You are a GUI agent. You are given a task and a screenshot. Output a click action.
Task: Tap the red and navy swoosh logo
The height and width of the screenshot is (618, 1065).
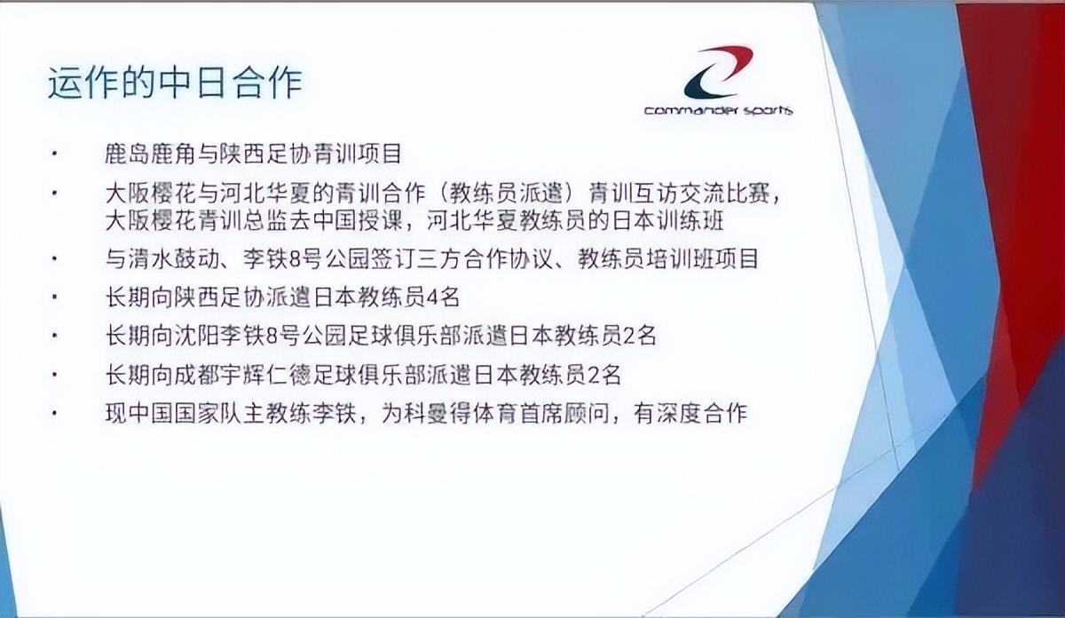point(717,73)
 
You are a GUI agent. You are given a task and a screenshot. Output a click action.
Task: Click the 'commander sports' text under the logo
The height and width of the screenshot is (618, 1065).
point(719,111)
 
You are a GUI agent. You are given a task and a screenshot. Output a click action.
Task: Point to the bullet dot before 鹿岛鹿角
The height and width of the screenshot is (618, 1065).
point(55,154)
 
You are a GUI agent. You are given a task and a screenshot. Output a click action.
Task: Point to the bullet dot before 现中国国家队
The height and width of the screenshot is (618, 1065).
point(55,413)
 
